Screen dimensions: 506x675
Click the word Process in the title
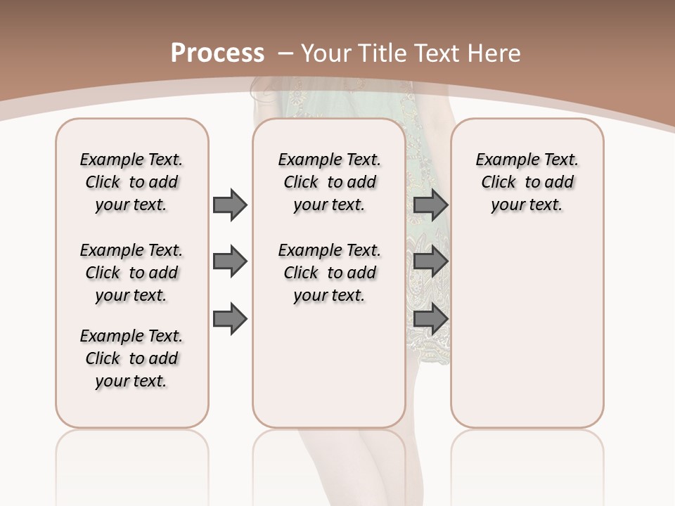tap(217, 53)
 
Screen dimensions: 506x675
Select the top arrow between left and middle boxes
tap(230, 205)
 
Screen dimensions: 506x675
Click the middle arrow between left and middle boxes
tap(230, 261)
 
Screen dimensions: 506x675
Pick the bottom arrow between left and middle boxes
tap(230, 319)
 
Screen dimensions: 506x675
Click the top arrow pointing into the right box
tap(430, 205)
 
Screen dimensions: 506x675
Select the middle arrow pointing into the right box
tap(430, 261)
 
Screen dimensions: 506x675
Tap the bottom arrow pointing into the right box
tap(430, 319)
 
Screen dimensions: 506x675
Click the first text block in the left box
tap(131, 182)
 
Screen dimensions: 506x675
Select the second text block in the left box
tap(131, 273)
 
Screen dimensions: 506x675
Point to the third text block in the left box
tap(131, 358)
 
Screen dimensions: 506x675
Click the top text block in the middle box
tap(329, 182)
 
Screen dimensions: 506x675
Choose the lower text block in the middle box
tap(329, 273)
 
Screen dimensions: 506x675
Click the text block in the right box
tap(527, 182)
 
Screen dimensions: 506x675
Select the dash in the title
tap(285, 53)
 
